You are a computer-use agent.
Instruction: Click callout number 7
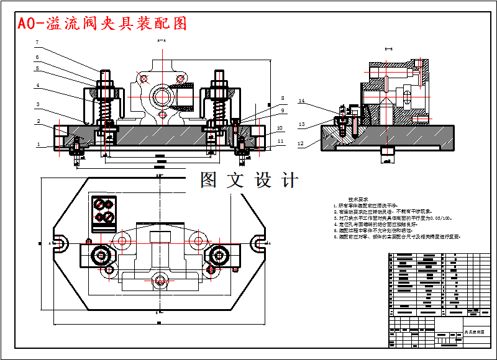coord(37,43)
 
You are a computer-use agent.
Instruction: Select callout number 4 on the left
coord(37,85)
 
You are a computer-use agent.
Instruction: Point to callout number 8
coord(282,98)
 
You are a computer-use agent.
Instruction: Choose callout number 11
coord(280,142)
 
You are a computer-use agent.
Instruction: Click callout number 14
coord(302,101)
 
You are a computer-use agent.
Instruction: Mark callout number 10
coord(280,128)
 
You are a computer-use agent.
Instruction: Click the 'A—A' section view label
coord(161,40)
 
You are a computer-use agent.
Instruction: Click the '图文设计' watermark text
coord(249,180)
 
